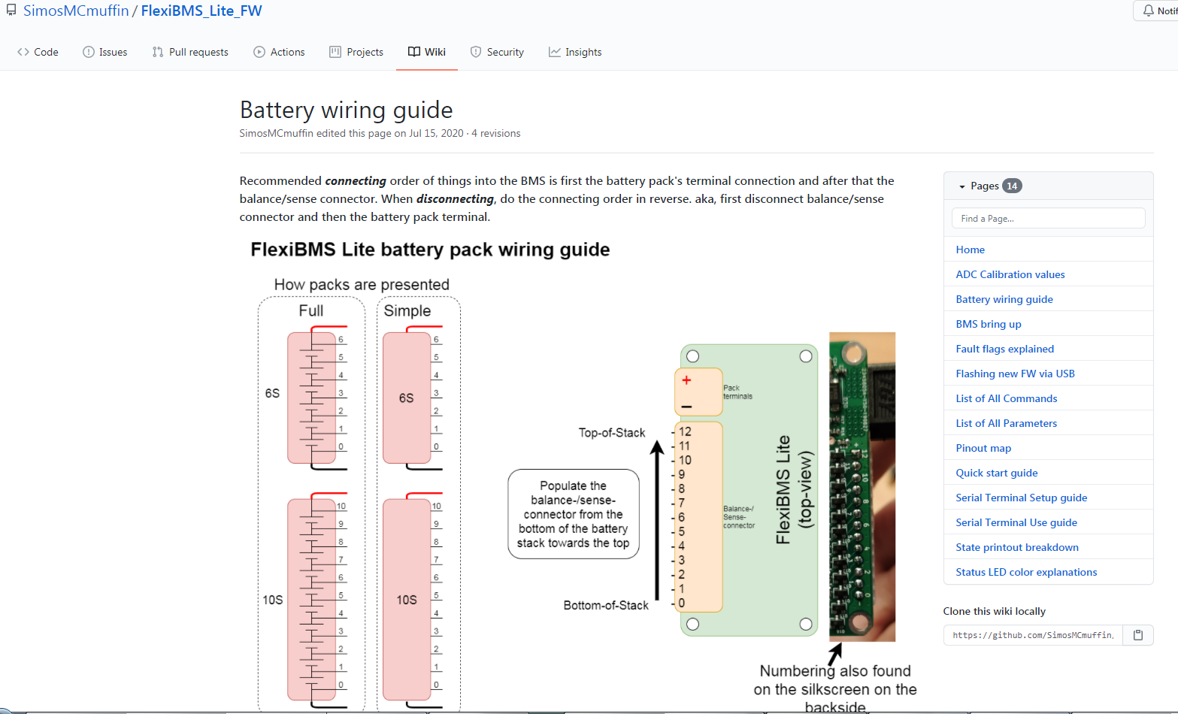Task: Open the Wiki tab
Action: click(427, 52)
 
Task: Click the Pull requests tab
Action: click(190, 52)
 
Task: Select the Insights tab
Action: click(575, 52)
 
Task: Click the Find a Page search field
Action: click(1048, 219)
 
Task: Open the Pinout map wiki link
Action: click(983, 448)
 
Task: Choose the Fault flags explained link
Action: click(1004, 349)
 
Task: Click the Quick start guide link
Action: click(996, 473)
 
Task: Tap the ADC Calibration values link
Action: click(1010, 274)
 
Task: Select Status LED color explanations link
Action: click(1026, 572)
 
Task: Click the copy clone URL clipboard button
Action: click(1138, 635)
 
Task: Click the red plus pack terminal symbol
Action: click(686, 380)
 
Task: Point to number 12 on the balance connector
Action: click(685, 431)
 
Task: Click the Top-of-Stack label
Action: click(611, 433)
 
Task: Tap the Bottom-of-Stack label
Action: click(605, 605)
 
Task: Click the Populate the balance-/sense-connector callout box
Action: click(573, 514)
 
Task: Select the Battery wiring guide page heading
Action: click(346, 110)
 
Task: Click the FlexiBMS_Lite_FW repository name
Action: click(201, 11)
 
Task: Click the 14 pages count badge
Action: click(1012, 186)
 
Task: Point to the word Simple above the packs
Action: click(407, 310)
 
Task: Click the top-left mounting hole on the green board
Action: click(692, 356)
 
